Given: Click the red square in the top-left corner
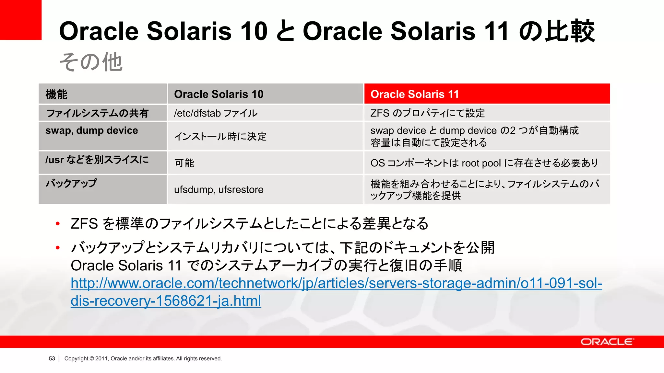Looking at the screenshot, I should coord(20,19).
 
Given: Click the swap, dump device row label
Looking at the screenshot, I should coord(91,130).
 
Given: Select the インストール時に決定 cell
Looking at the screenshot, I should coord(220,136).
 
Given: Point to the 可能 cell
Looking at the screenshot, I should coord(184,163).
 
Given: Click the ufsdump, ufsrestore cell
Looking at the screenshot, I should coord(219,189).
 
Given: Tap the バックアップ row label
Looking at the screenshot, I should coord(71,183).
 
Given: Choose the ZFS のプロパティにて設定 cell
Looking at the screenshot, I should coord(427,113).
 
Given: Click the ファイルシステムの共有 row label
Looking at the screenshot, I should coord(97,113).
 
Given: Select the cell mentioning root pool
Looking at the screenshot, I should coord(484,163).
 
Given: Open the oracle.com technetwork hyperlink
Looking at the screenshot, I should coord(336,284).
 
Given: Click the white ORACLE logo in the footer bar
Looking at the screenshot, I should coord(607,342).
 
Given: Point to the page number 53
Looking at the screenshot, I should coord(52,358).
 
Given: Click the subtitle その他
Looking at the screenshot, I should coord(91,62).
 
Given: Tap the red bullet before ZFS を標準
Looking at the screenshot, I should coord(58,223).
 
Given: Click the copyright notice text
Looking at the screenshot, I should coord(143,358).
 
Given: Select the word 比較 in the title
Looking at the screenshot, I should coord(570,31).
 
